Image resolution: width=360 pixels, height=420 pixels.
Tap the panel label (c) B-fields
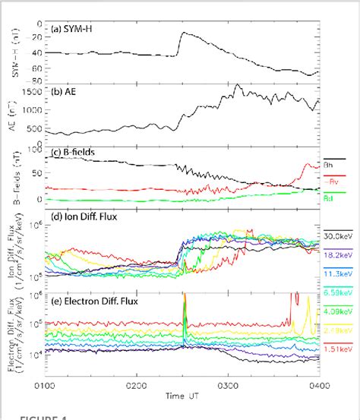pyautogui.click(x=79, y=153)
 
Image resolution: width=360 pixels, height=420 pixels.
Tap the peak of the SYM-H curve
pyautogui.click(x=183, y=33)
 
